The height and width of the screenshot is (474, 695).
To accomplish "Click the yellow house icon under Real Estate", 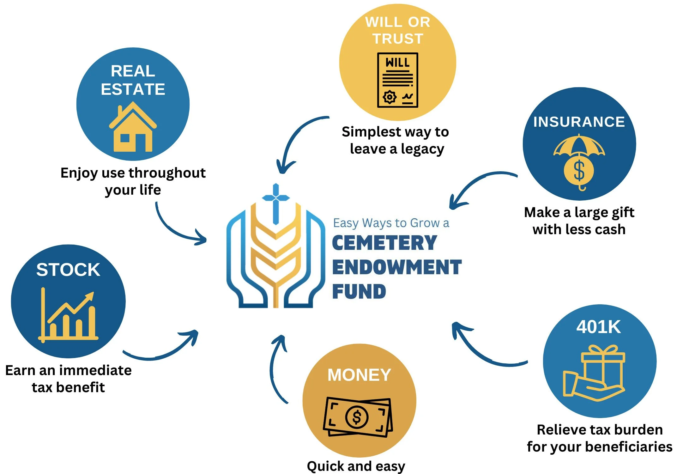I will pos(133,128).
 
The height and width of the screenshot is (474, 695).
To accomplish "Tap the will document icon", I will pos(397,80).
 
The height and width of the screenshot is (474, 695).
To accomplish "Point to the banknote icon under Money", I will pos(358,417).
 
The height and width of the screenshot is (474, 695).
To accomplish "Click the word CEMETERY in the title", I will pos(384,243).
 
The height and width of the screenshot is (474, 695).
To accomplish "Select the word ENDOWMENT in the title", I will pos(397,267).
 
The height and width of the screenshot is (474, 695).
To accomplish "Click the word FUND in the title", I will pos(359,291).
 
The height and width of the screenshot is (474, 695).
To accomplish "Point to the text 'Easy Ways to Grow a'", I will pos(391,223).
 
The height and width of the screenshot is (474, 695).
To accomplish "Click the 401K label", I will pos(598,327).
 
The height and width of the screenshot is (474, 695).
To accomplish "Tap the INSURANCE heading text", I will pos(579,122).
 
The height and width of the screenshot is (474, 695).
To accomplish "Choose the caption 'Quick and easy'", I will pos(356,466).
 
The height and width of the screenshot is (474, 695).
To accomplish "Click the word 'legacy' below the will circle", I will pos(422,149).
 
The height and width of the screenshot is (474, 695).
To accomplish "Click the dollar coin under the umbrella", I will pos(579,171).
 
